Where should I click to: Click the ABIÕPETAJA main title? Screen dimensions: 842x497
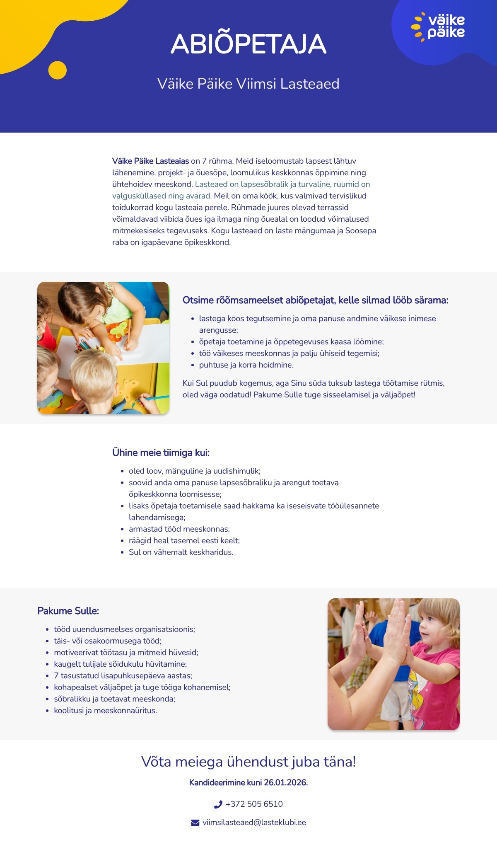(x=248, y=44)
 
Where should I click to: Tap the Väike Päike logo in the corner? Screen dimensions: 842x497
(x=438, y=27)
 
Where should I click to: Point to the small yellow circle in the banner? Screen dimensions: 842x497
(x=57, y=70)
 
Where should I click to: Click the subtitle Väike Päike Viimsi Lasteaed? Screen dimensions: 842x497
(x=248, y=84)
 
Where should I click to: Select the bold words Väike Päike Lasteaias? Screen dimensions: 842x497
(x=150, y=161)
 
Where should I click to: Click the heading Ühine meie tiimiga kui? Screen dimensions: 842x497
(x=161, y=452)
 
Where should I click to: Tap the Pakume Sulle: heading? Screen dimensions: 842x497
(x=68, y=611)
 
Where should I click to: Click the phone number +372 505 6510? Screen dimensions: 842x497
(x=254, y=804)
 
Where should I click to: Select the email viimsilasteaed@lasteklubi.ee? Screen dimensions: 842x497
(x=254, y=822)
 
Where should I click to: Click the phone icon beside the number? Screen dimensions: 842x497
(x=218, y=804)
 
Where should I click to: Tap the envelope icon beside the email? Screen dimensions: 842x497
(x=195, y=823)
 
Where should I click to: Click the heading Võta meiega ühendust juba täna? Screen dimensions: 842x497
(x=248, y=762)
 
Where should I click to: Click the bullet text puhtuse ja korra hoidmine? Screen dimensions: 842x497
(x=246, y=365)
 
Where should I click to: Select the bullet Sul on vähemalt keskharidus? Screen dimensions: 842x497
(x=181, y=552)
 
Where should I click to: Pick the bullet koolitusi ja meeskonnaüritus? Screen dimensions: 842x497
(x=105, y=710)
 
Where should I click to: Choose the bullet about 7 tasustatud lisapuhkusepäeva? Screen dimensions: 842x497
(x=123, y=675)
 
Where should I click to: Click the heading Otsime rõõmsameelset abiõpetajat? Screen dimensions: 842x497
(x=315, y=300)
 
